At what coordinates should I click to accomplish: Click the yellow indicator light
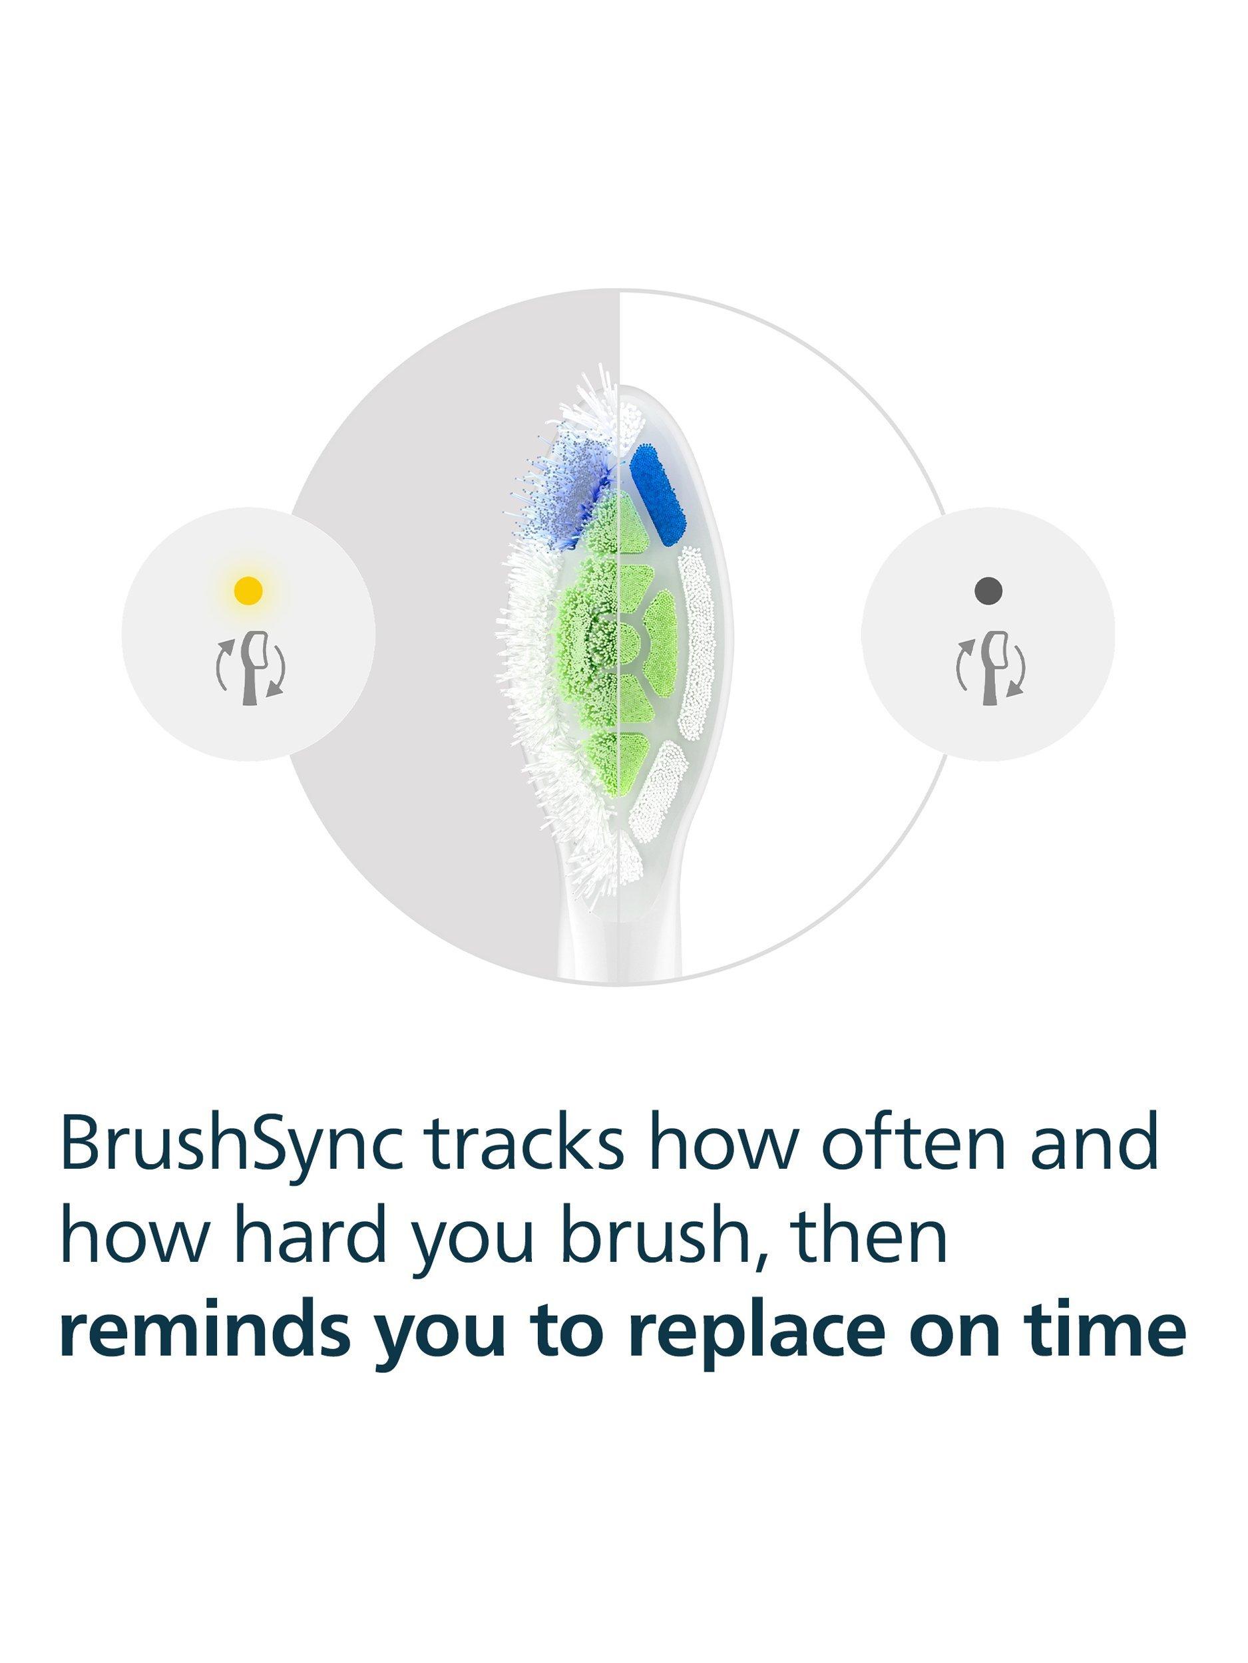click(x=248, y=591)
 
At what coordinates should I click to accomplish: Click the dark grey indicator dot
click(x=987, y=589)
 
